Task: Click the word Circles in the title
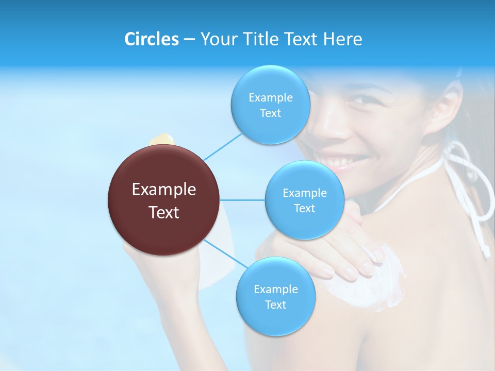click(x=151, y=39)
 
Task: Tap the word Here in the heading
click(x=342, y=39)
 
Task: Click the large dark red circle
click(x=164, y=200)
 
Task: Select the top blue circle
click(x=270, y=105)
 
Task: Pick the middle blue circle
click(x=304, y=200)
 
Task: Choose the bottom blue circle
click(x=275, y=296)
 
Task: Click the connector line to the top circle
click(x=222, y=146)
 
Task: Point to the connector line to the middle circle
click(x=242, y=200)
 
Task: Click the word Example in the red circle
click(x=164, y=190)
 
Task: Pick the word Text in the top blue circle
click(x=270, y=113)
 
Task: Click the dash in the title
click(x=189, y=39)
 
